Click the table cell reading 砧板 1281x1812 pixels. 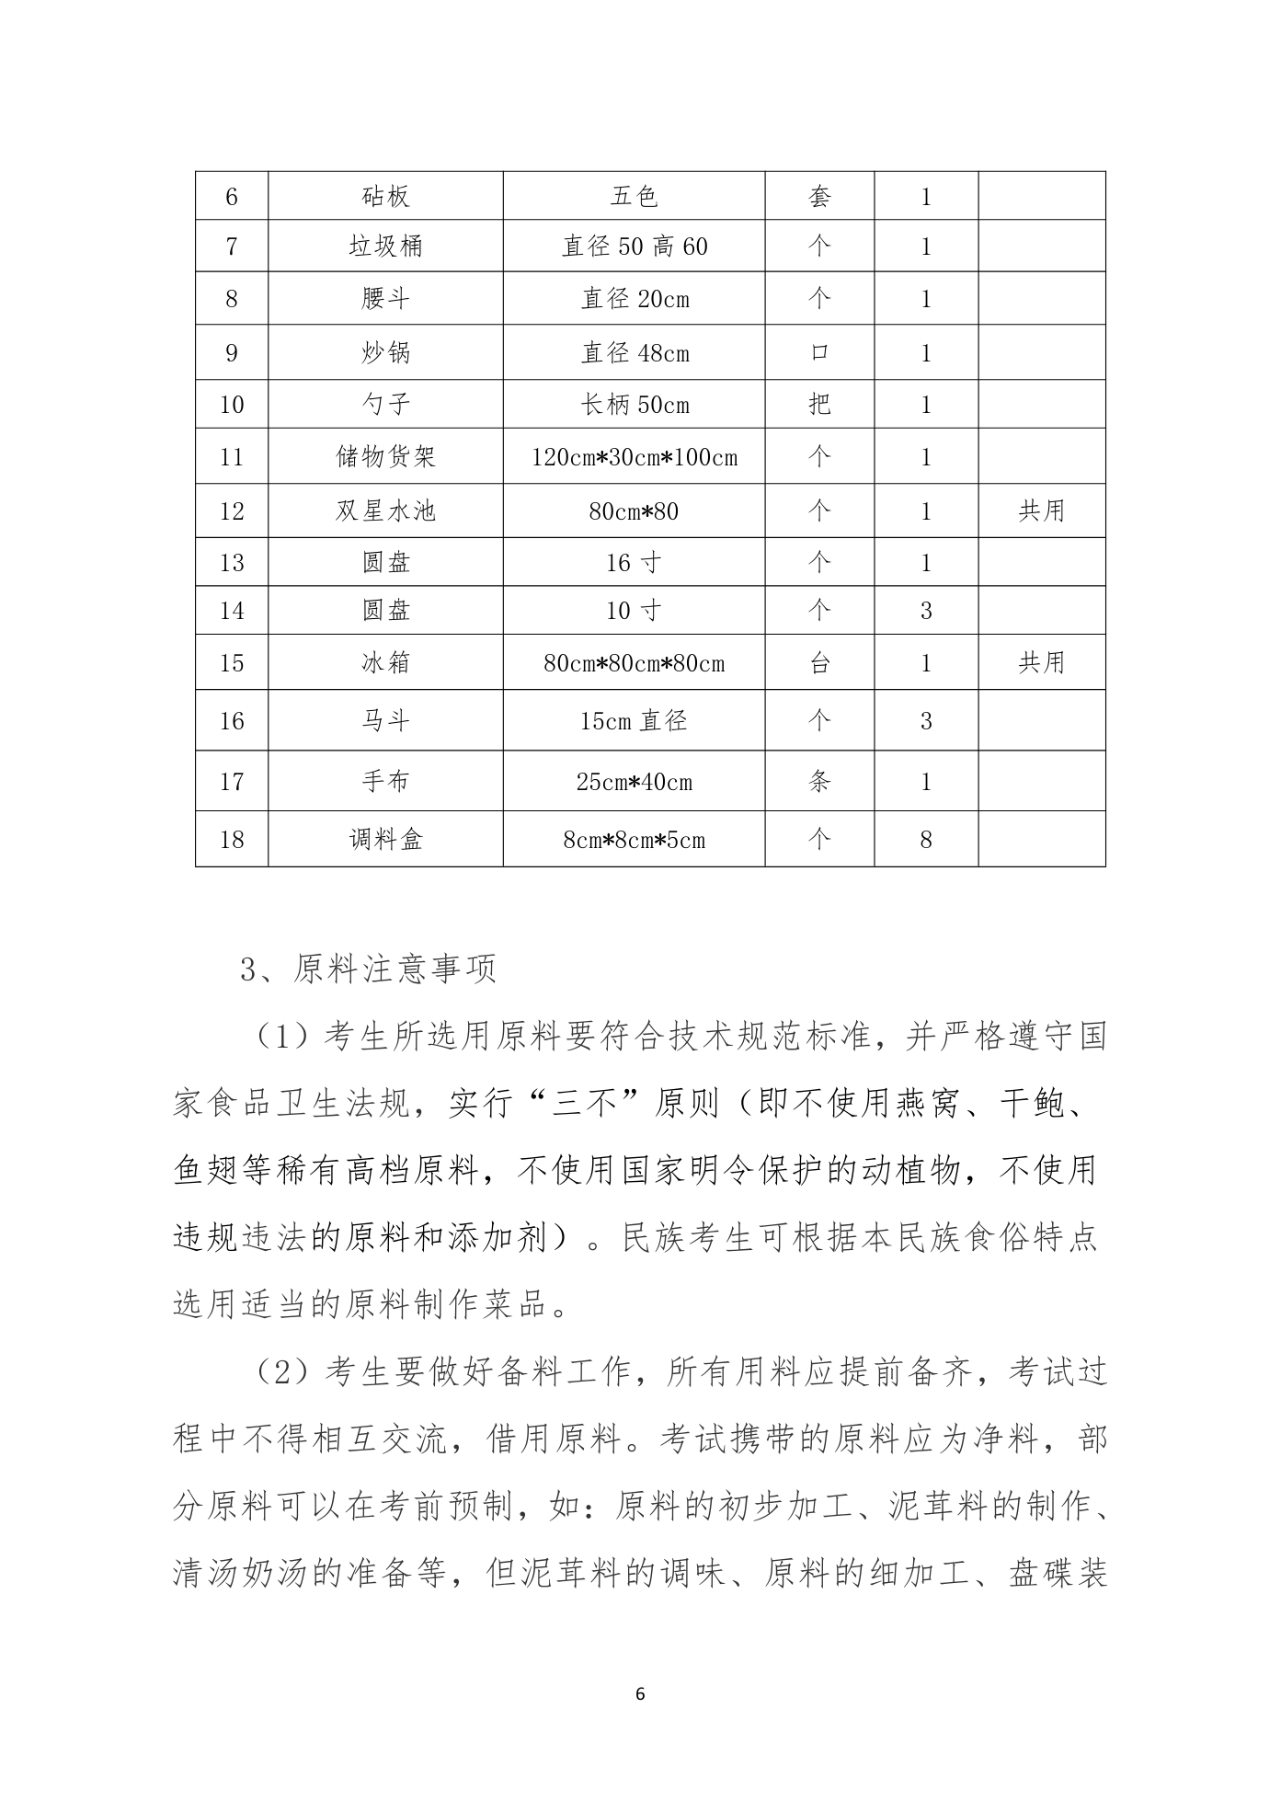[385, 196]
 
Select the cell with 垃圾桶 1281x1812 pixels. [385, 246]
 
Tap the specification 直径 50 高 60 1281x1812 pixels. [635, 246]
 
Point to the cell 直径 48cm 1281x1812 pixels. [635, 353]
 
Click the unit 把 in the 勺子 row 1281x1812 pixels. [819, 405]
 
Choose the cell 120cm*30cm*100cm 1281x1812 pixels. [635, 457]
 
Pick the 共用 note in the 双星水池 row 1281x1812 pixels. [1041, 510]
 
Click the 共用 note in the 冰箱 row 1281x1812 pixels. [1041, 662]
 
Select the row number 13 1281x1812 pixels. [232, 562]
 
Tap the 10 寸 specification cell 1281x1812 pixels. [635, 610]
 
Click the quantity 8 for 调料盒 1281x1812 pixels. [926, 839]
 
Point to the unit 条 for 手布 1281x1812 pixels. [819, 782]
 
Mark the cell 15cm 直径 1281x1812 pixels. [635, 721]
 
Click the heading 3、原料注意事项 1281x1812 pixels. [368, 969]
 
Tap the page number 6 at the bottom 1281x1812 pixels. [641, 1694]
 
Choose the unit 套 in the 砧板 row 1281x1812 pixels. [819, 196]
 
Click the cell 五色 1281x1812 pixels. [635, 196]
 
